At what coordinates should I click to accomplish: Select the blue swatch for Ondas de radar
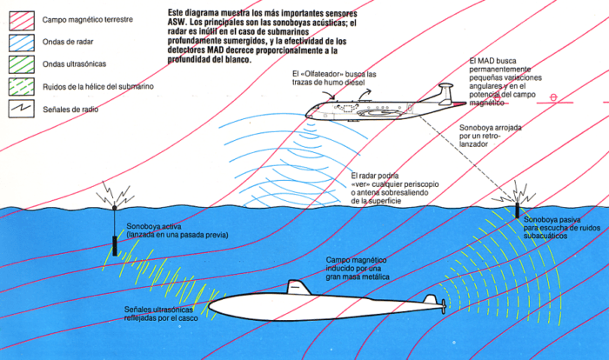(18, 39)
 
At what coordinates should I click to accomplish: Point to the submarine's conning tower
(298, 287)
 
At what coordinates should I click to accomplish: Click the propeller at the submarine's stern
(444, 306)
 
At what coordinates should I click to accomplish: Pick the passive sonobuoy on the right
(517, 209)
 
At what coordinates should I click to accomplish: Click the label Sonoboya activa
(153, 226)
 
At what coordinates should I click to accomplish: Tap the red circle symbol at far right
(553, 98)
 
